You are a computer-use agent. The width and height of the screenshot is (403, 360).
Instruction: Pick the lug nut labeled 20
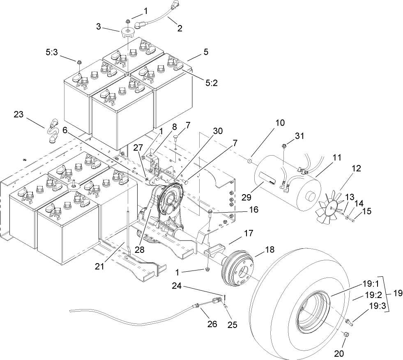(x=346, y=335)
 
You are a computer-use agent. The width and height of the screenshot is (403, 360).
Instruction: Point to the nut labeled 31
(x=284, y=146)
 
